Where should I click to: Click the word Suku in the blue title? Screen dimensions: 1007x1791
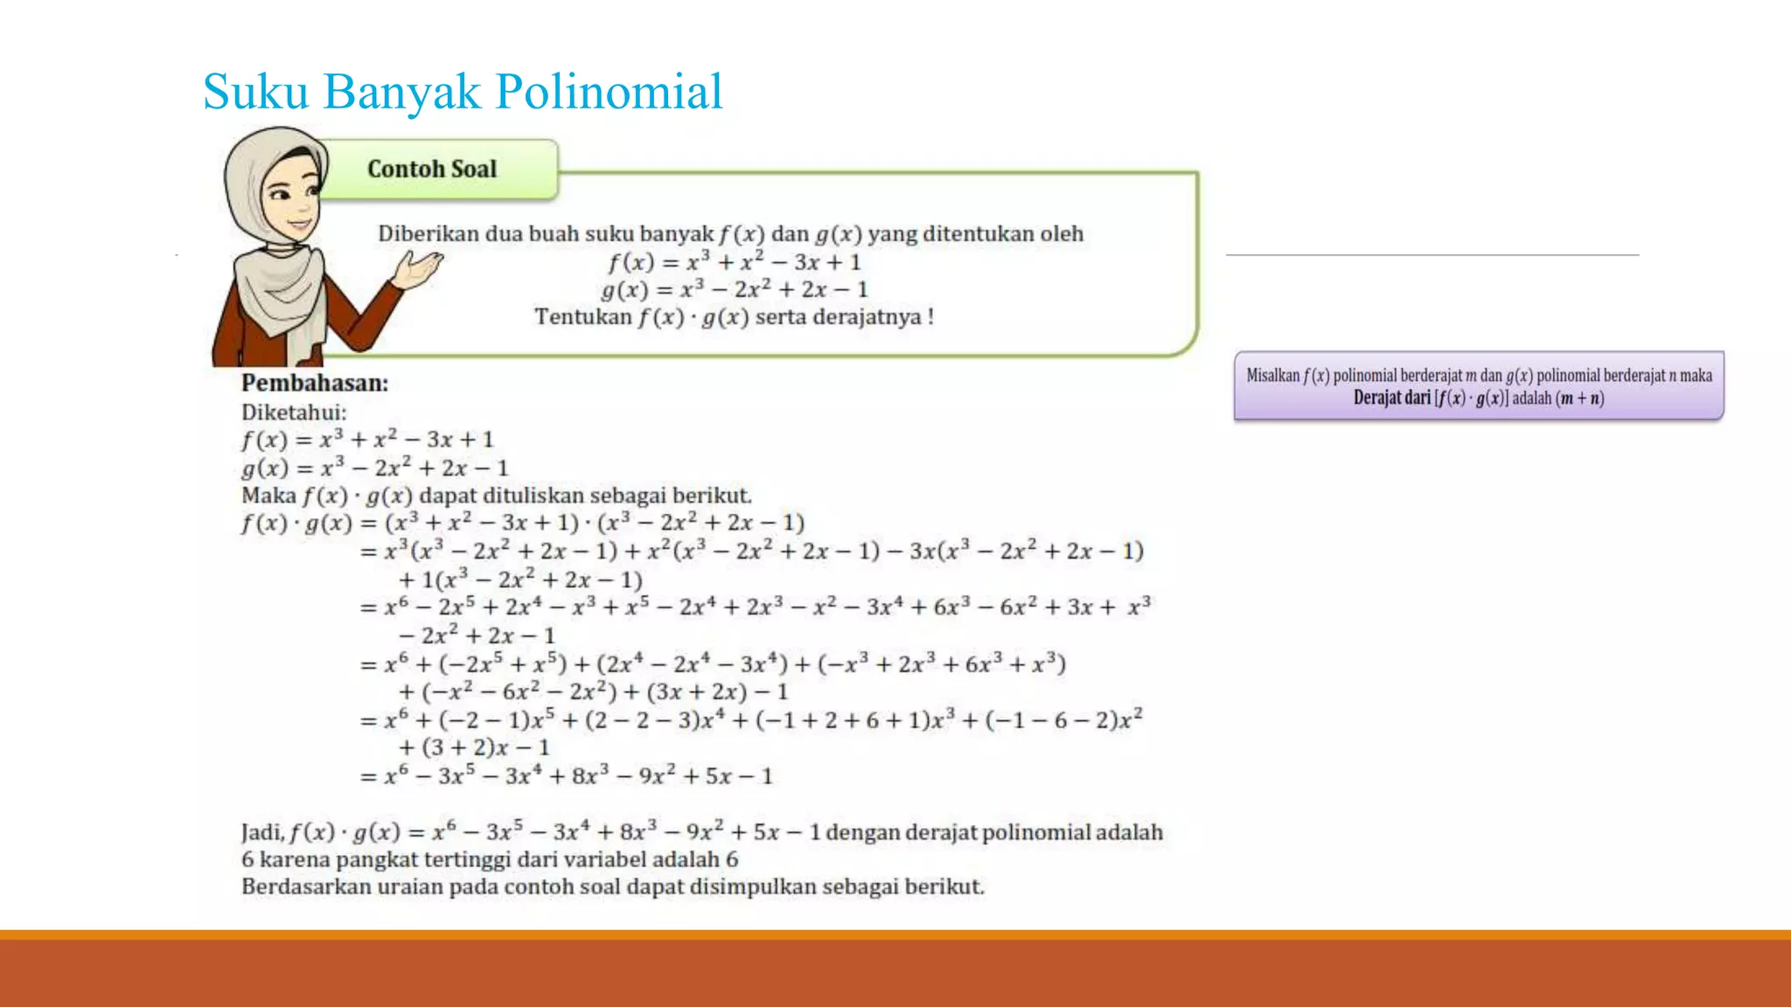coord(255,92)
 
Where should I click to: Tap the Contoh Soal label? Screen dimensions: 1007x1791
coord(432,169)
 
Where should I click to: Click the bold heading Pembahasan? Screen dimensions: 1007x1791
coord(315,383)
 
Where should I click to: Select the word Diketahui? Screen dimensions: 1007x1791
coord(294,412)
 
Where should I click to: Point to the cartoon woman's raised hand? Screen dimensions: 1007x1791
coord(418,267)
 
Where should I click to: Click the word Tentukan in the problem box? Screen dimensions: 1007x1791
coord(583,316)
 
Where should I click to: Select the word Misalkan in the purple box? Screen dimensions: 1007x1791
coord(1272,376)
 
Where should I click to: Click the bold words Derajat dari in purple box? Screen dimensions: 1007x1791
coord(1391,399)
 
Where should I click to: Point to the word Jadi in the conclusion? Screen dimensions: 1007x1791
coord(261,832)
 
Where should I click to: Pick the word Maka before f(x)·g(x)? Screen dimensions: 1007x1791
coord(268,496)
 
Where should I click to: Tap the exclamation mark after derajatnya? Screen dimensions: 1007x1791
coord(931,316)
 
